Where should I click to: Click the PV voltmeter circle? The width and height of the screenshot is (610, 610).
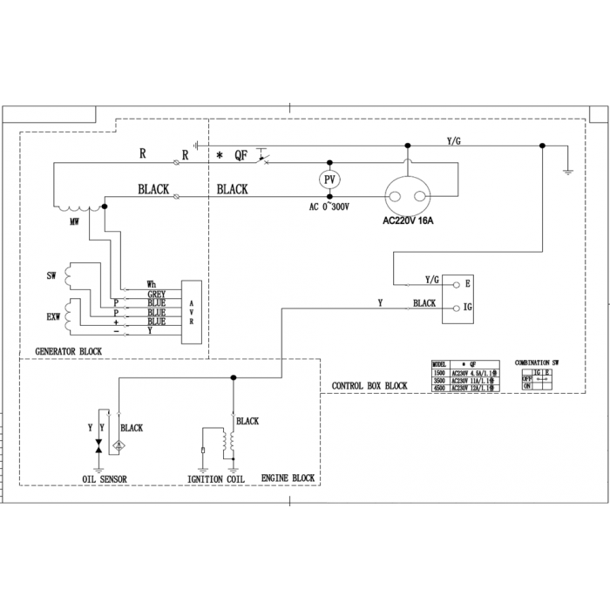[x=329, y=179]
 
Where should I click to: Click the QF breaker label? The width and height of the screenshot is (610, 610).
[x=241, y=156]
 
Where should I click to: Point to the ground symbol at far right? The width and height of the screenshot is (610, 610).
[x=568, y=171]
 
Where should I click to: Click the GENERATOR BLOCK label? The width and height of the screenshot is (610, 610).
[x=69, y=351]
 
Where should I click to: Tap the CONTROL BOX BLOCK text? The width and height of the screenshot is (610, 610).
[x=369, y=385]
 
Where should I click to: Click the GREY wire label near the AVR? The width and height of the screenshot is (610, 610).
[x=157, y=295]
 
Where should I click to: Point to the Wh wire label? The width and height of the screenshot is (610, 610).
[x=152, y=286]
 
